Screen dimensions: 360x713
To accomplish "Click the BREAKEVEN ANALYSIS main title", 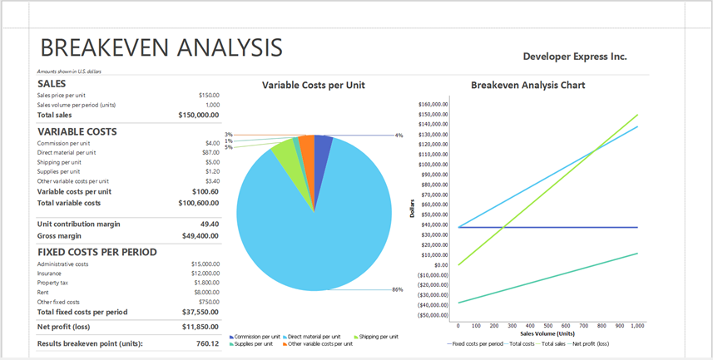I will coord(161,47).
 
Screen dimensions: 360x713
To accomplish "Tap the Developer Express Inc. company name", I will coord(575,57).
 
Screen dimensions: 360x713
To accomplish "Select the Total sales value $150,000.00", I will coord(198,116).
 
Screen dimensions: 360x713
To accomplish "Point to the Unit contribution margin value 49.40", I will coord(210,224).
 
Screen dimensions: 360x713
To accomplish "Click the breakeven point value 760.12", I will coord(207,343).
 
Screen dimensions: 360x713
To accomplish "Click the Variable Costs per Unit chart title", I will coord(313,85).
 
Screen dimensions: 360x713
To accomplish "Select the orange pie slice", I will coord(307,150).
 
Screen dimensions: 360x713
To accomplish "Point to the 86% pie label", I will coord(397,289).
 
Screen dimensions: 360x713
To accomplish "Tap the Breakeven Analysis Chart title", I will coord(527,85).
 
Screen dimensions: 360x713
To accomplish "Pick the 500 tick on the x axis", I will coord(548,326).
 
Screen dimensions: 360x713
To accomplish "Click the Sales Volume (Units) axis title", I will coord(547,333).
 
